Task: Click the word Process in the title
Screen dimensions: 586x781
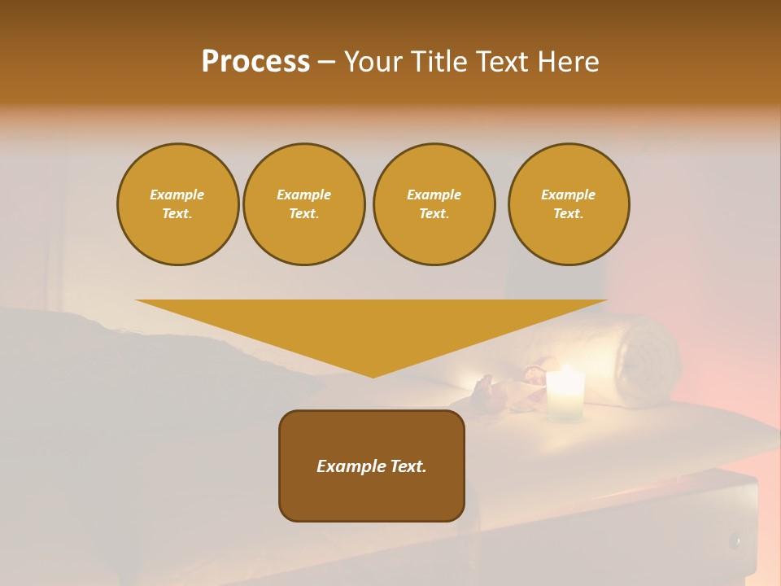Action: point(255,62)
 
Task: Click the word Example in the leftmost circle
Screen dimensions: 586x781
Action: point(177,195)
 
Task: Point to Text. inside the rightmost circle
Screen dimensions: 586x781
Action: point(569,213)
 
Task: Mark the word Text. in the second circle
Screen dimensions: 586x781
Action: point(304,213)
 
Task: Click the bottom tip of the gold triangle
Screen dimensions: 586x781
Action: point(373,376)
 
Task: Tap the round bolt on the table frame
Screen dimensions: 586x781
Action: point(735,540)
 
